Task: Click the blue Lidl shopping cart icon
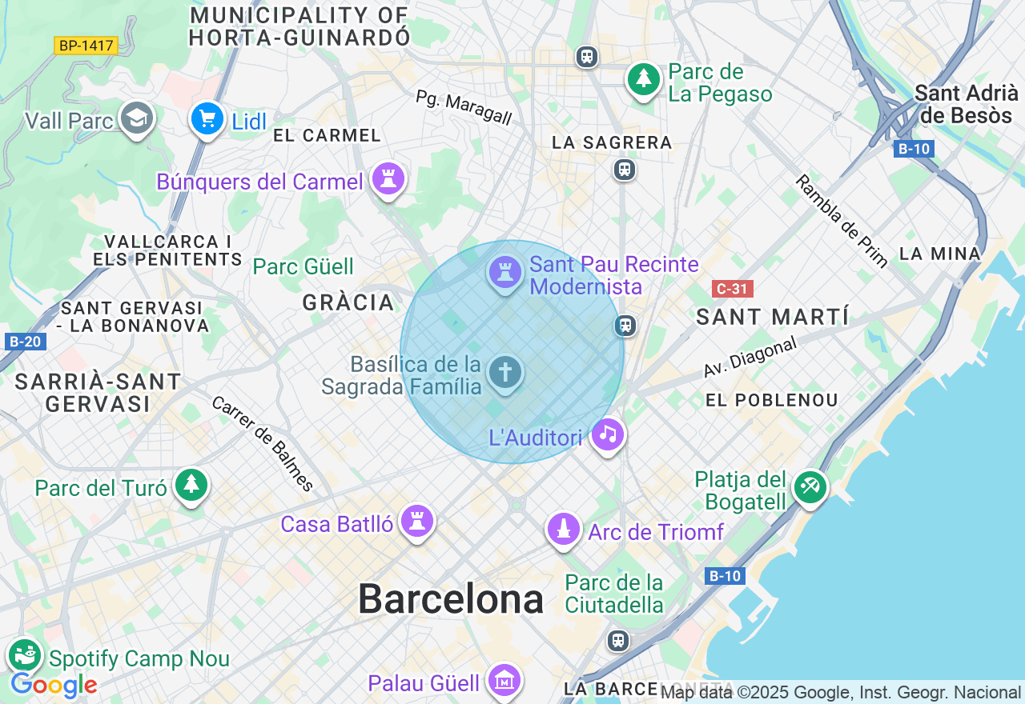(x=207, y=119)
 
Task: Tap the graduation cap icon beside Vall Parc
(x=137, y=118)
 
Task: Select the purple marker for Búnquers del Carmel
(x=389, y=179)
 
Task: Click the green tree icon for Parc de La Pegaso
(x=643, y=78)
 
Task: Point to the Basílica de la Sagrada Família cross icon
(x=505, y=372)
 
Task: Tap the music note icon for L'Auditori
(x=608, y=434)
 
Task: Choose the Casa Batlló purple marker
(x=416, y=521)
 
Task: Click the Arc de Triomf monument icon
(x=564, y=529)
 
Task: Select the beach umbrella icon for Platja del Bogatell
(x=810, y=486)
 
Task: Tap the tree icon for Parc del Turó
(x=191, y=485)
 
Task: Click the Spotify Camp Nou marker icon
(x=24, y=655)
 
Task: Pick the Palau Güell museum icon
(x=504, y=681)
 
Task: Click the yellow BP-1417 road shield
(x=86, y=46)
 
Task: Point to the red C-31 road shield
(x=732, y=289)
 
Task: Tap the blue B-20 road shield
(x=24, y=342)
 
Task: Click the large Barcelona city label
(x=450, y=598)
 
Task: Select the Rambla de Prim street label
(x=841, y=220)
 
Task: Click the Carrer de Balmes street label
(x=263, y=443)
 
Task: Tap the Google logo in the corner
(x=54, y=686)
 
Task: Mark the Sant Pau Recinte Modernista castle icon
(x=505, y=272)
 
